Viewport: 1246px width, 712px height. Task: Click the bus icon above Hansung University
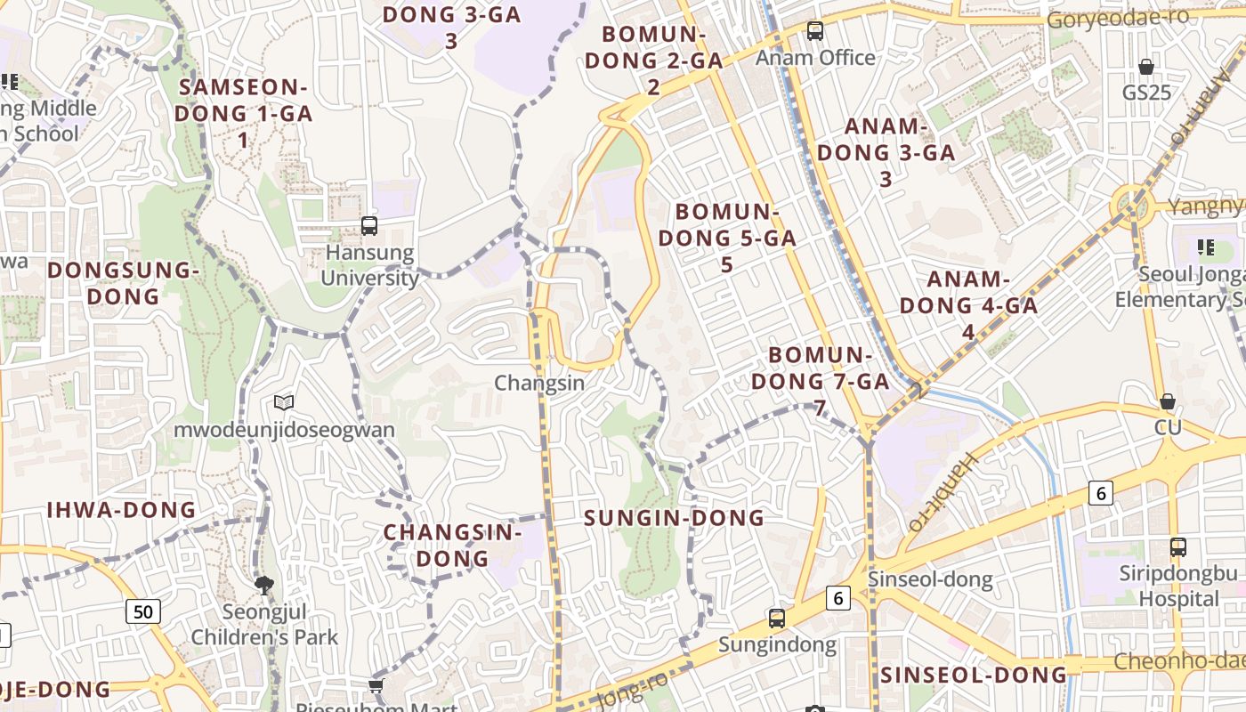tap(369, 226)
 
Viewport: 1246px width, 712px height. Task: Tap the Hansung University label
tap(369, 265)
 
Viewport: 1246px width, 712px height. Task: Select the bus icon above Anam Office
tap(815, 32)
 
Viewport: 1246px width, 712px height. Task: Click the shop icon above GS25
tap(1146, 67)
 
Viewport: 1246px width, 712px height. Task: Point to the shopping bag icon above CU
tap(1168, 402)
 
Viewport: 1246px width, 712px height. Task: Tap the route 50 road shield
tap(143, 611)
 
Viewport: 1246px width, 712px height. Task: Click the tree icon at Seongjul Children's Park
tap(263, 585)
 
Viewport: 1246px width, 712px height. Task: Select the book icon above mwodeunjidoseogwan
tap(284, 403)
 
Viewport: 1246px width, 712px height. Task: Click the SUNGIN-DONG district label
tap(674, 518)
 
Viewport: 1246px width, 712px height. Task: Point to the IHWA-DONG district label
tap(121, 510)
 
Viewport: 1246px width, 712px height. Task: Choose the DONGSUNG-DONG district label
tap(123, 283)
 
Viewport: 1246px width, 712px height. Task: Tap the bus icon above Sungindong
tap(777, 618)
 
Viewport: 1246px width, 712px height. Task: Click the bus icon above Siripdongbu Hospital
tap(1178, 547)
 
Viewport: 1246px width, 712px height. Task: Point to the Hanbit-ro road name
tap(943, 492)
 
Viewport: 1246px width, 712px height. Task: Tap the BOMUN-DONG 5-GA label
tap(727, 238)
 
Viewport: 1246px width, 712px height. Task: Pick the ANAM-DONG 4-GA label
tap(968, 305)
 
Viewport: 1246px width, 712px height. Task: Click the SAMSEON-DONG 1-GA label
tap(243, 113)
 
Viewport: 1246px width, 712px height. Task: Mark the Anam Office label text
tap(816, 58)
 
